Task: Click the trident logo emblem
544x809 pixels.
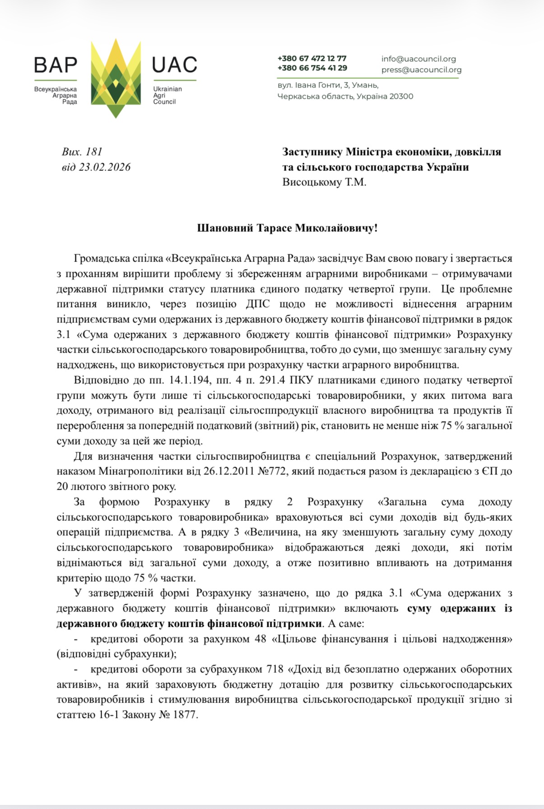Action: tap(116, 79)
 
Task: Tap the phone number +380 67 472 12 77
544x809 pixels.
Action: tap(312, 59)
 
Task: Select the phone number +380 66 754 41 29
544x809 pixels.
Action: tap(312, 68)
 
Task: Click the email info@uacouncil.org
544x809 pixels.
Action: tap(418, 59)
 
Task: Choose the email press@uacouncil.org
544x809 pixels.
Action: tap(421, 70)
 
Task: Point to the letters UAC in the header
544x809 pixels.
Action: tap(174, 65)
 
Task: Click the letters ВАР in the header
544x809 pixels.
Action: tap(56, 65)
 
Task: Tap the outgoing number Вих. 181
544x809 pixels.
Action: tap(83, 152)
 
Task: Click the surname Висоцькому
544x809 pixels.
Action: tap(313, 182)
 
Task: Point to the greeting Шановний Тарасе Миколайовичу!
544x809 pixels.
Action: tap(287, 228)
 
